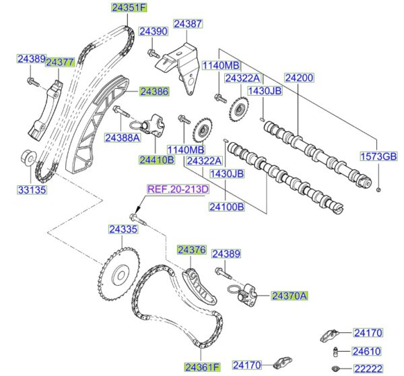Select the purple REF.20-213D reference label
[x=178, y=189]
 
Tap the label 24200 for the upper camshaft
[x=298, y=78]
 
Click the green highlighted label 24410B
[x=156, y=160]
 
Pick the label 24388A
[x=122, y=137]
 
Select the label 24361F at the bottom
[x=203, y=367]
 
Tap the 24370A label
[x=290, y=295]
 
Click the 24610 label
[x=367, y=350]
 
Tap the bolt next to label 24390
[x=153, y=53]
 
